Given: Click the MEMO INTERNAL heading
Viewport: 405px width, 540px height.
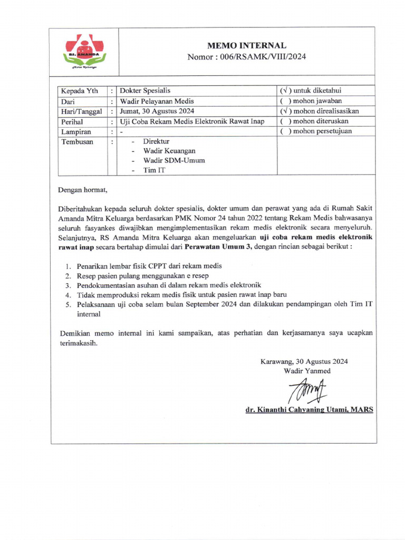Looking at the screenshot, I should point(247,46).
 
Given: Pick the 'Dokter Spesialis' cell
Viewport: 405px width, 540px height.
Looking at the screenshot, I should point(145,91).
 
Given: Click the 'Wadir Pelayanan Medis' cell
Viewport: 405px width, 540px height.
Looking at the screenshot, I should point(157,101).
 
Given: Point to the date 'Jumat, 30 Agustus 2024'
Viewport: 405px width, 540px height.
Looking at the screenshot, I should point(157,111).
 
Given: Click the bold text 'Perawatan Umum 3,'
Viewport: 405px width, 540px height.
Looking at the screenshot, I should point(220,246).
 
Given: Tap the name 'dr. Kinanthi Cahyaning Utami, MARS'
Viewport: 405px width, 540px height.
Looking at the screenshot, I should point(309,410).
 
